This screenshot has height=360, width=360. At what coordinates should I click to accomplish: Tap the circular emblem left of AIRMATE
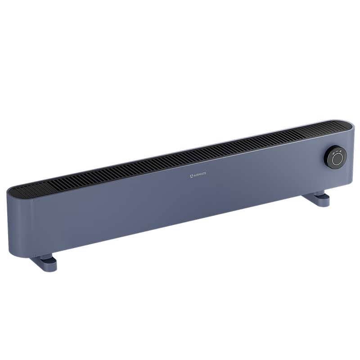pos(192,176)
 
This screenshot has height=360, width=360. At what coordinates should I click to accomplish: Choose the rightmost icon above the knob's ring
pos(341,151)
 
